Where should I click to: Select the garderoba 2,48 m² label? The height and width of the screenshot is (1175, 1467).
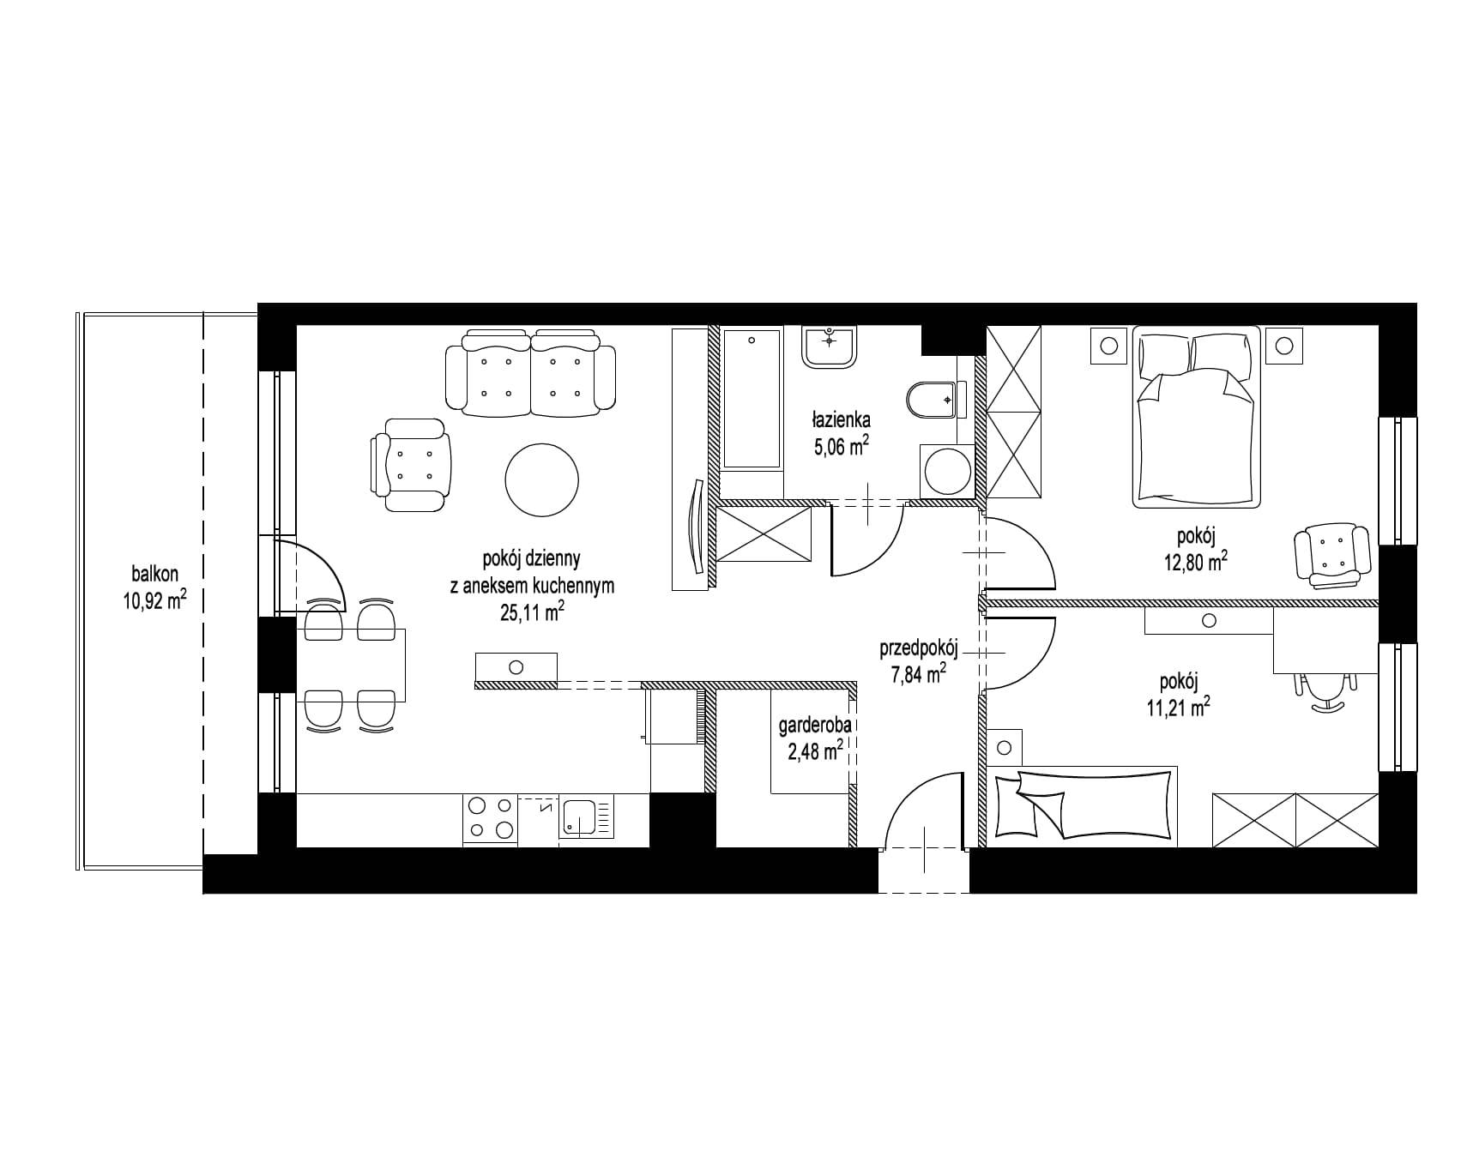[x=815, y=738]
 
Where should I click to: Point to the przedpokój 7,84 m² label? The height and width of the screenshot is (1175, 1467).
[x=919, y=660]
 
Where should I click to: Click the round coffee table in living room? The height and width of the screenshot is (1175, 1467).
[x=541, y=479]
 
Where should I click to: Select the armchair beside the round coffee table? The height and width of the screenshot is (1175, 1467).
[x=412, y=465]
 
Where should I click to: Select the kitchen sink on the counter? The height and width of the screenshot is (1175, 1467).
[x=587, y=817]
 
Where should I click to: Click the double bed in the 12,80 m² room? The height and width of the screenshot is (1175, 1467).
[x=1198, y=416]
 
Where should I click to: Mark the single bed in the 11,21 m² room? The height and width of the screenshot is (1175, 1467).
[x=1084, y=806]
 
